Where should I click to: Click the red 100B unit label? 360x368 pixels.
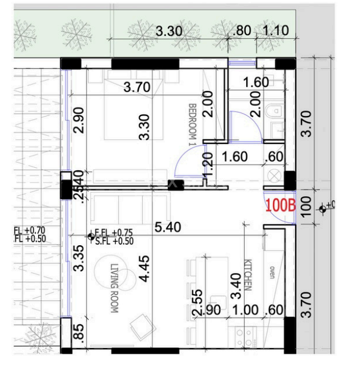(x=280, y=205)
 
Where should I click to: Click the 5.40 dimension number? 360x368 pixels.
(x=168, y=228)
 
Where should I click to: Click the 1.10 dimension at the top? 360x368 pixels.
(x=275, y=31)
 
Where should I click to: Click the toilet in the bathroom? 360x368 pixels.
(x=277, y=110)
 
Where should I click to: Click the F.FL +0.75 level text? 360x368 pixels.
(x=115, y=233)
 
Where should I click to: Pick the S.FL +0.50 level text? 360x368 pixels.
(x=115, y=241)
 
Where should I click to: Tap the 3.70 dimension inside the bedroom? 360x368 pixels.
(x=136, y=87)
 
